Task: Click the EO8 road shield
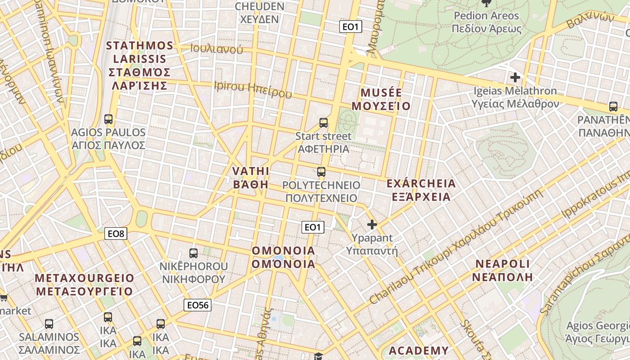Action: coord(116,234)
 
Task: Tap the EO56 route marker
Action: coord(198,305)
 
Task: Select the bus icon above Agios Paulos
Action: coord(108,119)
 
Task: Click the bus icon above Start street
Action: coord(323,122)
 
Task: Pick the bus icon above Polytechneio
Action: coord(321,171)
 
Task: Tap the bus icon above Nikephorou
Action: coord(193,253)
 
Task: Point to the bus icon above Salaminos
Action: coord(49,324)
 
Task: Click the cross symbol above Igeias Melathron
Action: coord(515,77)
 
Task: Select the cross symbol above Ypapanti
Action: coord(372,224)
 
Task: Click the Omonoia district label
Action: coord(283,257)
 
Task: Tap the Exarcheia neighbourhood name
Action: coord(421,190)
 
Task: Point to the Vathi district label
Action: coord(251,178)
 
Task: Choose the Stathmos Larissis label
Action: coord(140,66)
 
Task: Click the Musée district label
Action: coord(381,99)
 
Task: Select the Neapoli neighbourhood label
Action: coord(502,270)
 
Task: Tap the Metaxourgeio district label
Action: coord(85,284)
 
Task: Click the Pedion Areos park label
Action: coord(486,22)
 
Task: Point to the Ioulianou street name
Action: coord(216,49)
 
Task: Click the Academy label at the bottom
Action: coord(418,351)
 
